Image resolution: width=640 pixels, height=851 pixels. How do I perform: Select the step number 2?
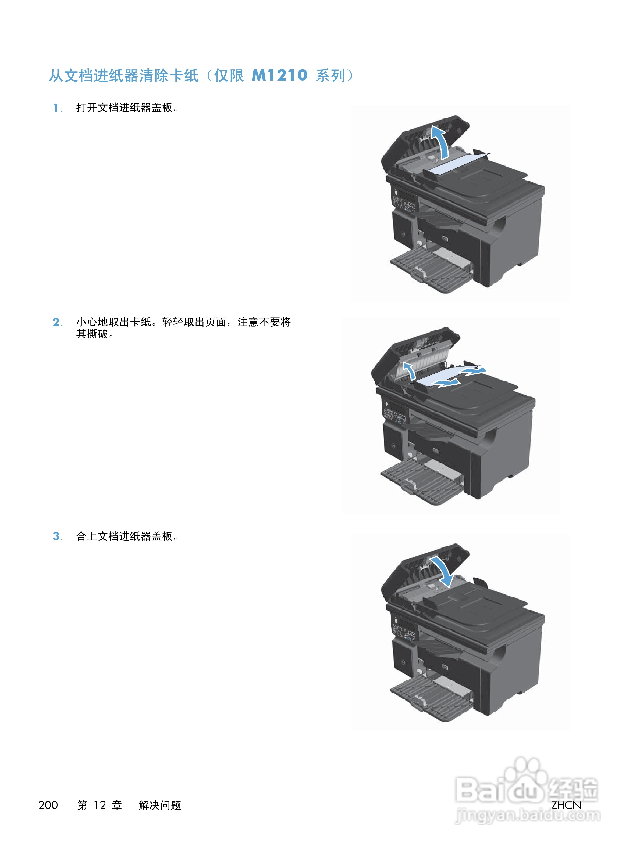(56, 322)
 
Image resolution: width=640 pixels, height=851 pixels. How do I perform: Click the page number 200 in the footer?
(48, 805)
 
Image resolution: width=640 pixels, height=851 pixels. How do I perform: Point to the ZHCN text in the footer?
(566, 805)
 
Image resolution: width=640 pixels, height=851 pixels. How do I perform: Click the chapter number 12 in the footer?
(99, 805)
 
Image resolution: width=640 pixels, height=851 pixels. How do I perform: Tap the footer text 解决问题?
(160, 805)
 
